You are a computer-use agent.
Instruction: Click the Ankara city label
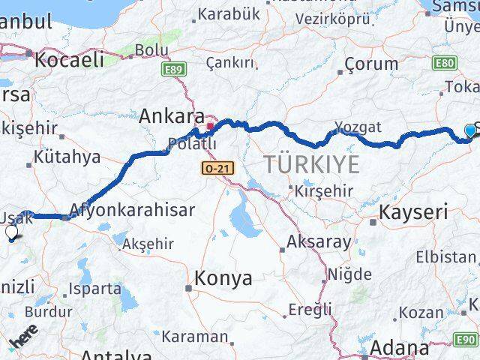[172, 117]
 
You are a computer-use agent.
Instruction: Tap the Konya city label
[223, 278]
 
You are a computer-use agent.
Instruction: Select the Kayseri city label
[412, 212]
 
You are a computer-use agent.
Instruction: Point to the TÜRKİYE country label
[311, 164]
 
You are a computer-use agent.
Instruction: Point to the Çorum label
[372, 64]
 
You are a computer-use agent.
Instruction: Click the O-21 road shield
[217, 169]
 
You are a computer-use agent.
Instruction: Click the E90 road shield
[466, 339]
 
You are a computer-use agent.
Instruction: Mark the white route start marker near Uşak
[11, 233]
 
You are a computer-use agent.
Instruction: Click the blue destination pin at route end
[470, 131]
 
